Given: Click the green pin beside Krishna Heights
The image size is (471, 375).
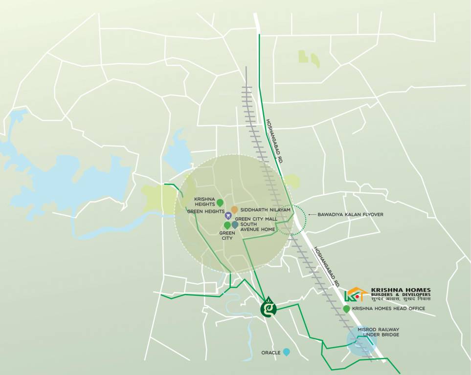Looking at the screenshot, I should pos(220,203).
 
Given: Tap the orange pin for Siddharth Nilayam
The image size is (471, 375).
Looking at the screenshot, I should pos(234,209).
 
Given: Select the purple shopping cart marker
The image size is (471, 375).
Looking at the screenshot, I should pos(228,215).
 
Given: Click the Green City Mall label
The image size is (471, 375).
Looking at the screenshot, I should pos(256,219).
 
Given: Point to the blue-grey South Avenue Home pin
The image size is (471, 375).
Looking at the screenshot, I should pos(235,225).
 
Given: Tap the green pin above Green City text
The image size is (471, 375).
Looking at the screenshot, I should pos(227,225).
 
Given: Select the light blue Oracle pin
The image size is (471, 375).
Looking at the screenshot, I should pos(287,352).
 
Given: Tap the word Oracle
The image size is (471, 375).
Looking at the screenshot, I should pos(270,353).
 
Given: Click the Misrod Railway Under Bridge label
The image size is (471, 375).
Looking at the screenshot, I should pos(379,332).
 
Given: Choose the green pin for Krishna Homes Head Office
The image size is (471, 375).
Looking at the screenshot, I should pos(347,309).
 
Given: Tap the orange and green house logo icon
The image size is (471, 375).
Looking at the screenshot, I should pos(356,294).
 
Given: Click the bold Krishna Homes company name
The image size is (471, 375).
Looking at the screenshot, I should pos(401,290).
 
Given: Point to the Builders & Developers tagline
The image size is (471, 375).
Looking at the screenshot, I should pos(401,295).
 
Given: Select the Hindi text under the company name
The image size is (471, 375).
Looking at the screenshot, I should pos(401,299).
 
